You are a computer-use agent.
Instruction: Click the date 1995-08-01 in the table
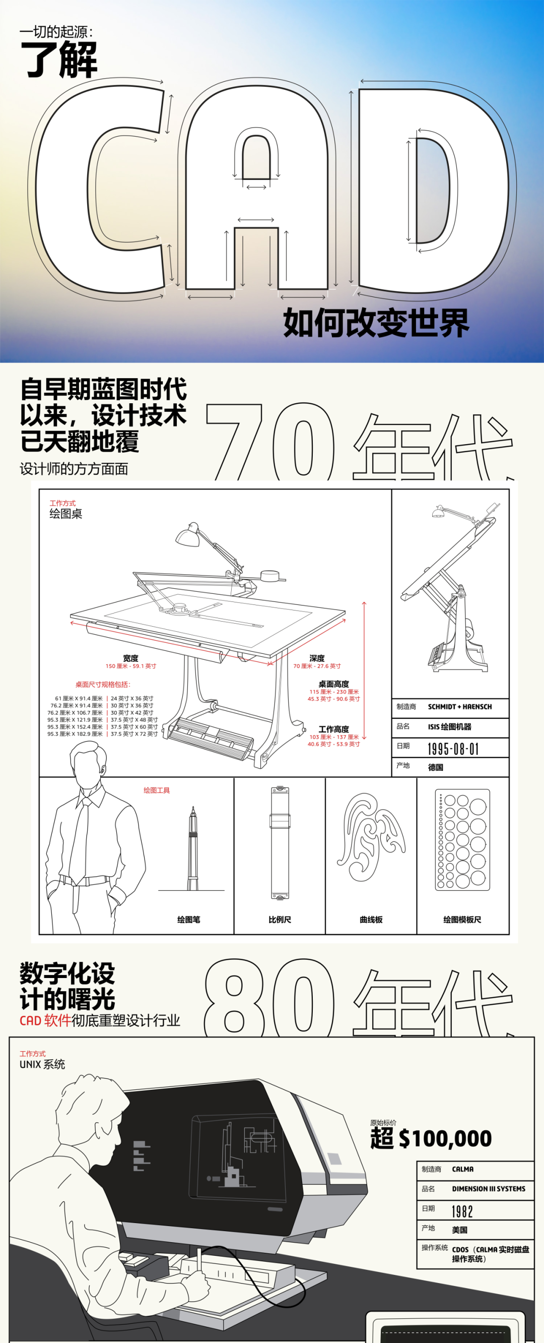453,749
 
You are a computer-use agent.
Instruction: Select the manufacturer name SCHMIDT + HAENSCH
459,707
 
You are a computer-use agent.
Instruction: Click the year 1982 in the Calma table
462,1211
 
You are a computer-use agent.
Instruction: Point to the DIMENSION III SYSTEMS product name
488,1189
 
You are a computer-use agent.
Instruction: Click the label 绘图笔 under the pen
188,919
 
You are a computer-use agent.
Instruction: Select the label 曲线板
371,919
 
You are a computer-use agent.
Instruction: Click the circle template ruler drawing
462,839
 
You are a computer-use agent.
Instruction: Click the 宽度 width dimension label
131,658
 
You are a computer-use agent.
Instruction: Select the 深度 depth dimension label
317,658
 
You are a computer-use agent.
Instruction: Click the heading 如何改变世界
376,323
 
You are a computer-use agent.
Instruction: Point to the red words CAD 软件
45,1020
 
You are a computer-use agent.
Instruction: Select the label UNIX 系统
42,1064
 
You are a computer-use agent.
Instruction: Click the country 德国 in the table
436,767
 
